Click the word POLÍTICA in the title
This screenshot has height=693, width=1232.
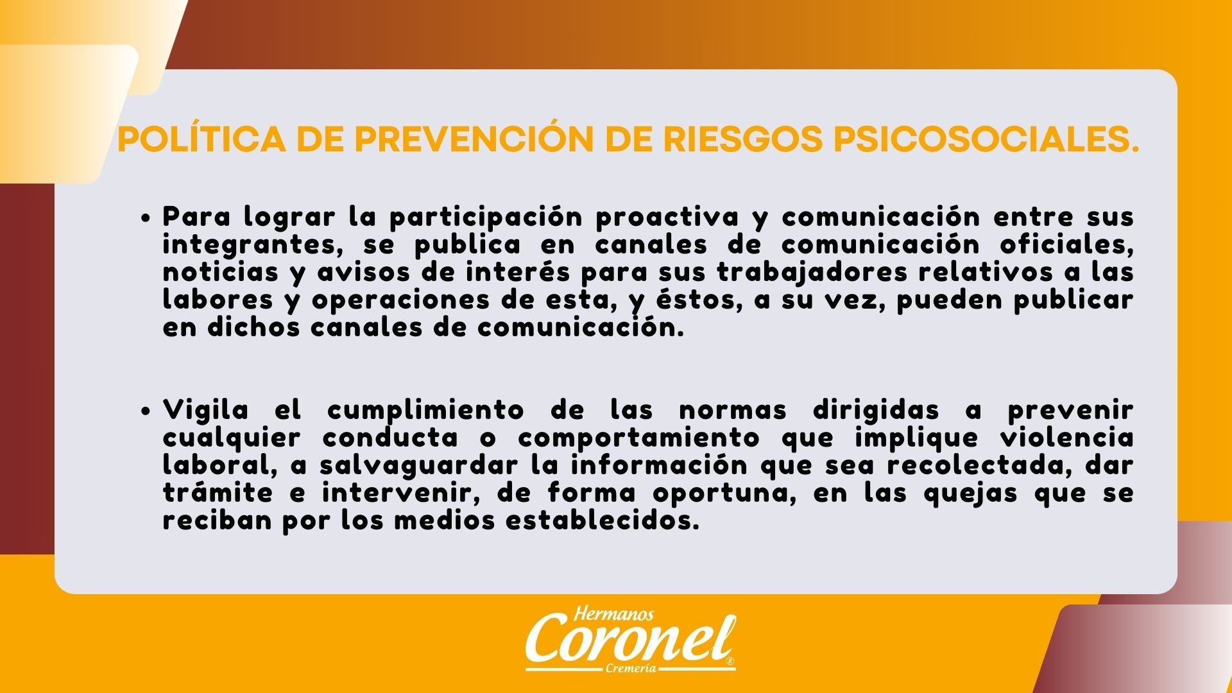tap(202, 139)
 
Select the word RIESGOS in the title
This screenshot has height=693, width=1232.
tap(742, 140)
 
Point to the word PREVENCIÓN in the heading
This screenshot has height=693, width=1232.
tap(474, 139)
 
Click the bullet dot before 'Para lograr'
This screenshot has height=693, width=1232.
tap(146, 218)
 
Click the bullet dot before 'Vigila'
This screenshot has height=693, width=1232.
tap(146, 411)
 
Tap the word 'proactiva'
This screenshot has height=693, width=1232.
tap(667, 218)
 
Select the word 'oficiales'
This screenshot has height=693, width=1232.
tap(1066, 244)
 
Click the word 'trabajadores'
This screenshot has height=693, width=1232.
tap(812, 273)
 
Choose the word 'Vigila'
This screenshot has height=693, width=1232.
tap(206, 409)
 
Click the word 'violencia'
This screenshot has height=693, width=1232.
tap(1066, 437)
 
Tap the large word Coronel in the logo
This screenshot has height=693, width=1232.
tap(630, 642)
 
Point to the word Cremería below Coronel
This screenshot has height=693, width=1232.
tap(631, 669)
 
